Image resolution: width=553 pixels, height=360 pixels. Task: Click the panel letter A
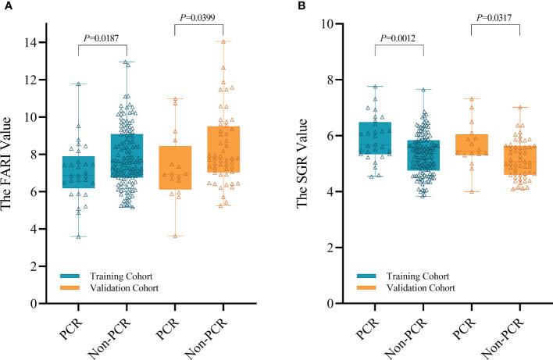tap(5, 6)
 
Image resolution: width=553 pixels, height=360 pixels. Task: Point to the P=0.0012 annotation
tap(398, 37)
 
